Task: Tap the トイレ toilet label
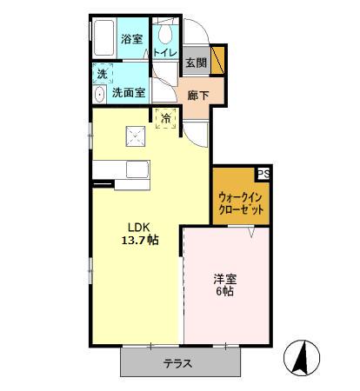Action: [165, 52]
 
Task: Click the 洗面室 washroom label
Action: [128, 92]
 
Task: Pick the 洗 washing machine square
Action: [103, 74]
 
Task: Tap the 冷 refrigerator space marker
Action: [165, 117]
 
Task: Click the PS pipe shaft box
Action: [263, 174]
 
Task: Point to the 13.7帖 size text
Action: [139, 240]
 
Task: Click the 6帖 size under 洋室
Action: [225, 292]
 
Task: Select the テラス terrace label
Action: [178, 365]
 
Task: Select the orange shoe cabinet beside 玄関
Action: [218, 61]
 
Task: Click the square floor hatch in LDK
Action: [136, 134]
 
